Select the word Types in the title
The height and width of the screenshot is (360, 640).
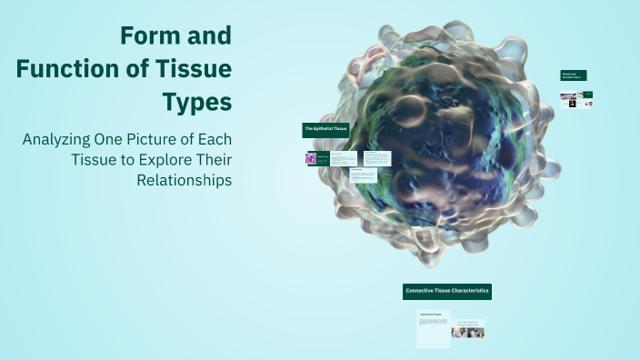point(197,102)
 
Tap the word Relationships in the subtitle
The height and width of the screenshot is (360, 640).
point(185,180)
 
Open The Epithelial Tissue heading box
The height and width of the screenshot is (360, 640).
point(326,130)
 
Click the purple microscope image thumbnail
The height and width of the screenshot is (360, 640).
point(311,158)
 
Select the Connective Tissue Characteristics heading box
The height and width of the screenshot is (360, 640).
point(447,291)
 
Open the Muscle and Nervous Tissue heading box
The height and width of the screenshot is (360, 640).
point(574,75)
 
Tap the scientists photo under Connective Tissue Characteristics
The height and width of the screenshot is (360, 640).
point(468,332)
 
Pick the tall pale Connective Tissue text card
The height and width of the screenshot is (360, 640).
point(433,328)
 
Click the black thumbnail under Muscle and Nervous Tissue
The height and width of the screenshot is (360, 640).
point(572,104)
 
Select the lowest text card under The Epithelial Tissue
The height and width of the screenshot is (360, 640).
point(363,175)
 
